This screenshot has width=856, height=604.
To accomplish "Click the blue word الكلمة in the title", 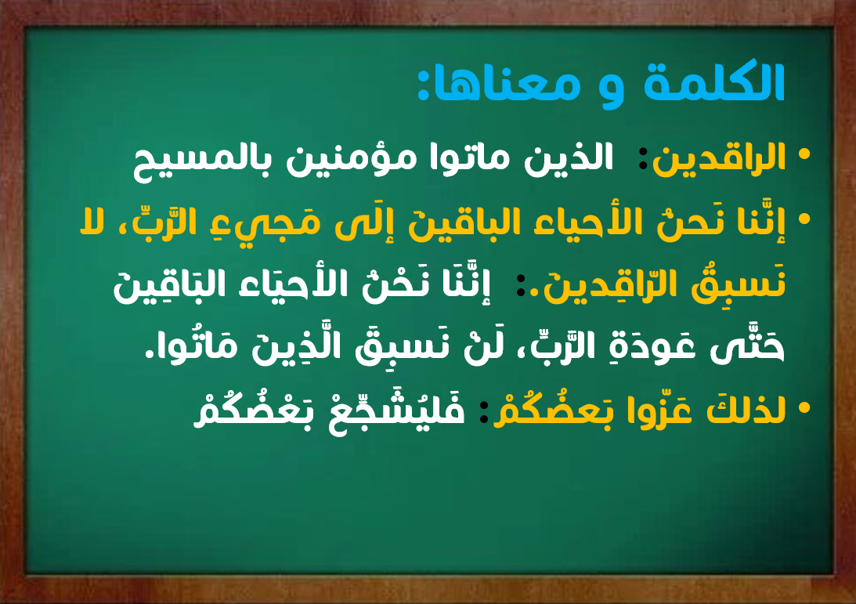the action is click(714, 82).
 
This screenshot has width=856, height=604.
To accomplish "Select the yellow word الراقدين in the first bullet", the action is click(719, 158).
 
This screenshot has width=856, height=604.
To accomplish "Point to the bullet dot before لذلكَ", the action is click(804, 407).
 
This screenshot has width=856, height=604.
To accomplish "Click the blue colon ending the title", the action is click(423, 86).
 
